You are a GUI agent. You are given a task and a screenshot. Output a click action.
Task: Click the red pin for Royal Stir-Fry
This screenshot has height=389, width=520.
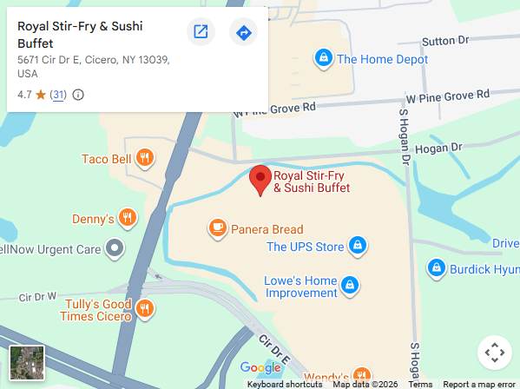(260, 180)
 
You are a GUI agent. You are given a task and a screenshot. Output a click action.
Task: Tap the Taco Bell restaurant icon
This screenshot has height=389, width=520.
(145, 159)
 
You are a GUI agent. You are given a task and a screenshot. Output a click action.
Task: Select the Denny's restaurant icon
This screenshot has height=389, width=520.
(128, 218)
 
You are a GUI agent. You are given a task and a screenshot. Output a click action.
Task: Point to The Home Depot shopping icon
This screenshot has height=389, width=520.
(324, 59)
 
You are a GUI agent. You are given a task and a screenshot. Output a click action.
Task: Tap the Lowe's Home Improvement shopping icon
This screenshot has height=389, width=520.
(349, 285)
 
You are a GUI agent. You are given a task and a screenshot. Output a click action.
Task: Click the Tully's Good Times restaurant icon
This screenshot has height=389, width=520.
(145, 308)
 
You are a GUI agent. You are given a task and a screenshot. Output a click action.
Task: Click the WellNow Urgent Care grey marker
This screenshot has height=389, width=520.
(115, 250)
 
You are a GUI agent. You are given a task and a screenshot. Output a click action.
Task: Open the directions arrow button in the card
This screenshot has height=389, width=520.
(243, 33)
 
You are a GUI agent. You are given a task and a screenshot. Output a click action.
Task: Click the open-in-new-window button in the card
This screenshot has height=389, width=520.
(201, 33)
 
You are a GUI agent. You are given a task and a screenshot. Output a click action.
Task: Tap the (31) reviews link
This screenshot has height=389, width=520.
(58, 95)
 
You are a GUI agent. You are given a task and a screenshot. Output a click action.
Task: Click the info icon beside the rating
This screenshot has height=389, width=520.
(78, 95)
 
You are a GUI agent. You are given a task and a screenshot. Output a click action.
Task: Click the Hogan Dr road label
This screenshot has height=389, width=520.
(434, 148)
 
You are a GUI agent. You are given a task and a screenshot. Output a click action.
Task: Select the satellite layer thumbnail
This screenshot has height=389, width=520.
(26, 363)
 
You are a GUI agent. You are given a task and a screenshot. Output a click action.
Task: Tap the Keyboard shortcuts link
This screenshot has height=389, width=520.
(284, 384)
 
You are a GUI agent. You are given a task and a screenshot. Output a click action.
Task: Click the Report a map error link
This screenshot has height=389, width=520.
(478, 384)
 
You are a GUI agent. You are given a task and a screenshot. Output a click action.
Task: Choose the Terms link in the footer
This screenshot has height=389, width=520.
(420, 384)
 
